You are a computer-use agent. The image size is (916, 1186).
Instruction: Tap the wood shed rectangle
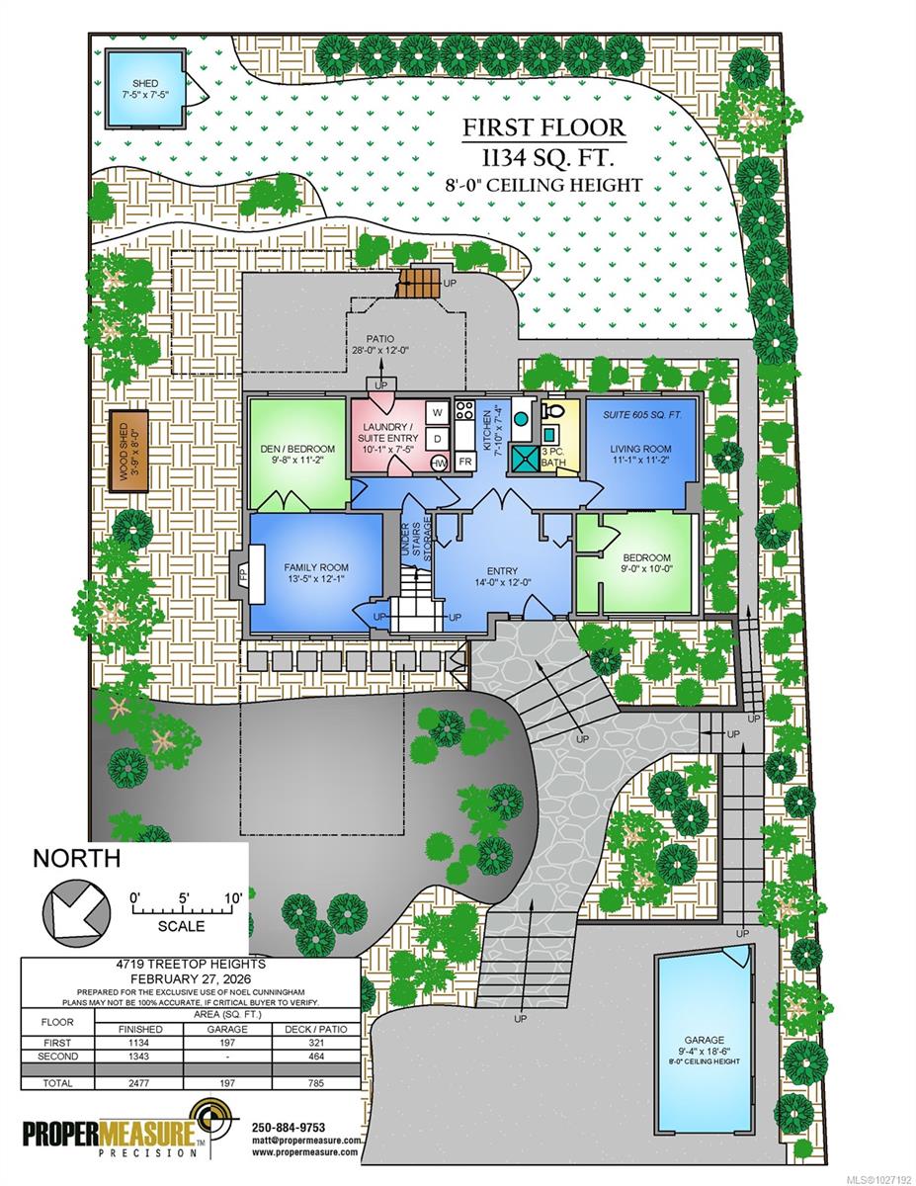point(128,451)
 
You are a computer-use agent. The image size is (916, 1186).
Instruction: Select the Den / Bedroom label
point(297,449)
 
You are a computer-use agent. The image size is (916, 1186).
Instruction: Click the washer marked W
point(437,413)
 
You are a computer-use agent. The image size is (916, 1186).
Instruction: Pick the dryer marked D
point(437,439)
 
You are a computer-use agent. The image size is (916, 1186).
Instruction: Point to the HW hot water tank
point(438,464)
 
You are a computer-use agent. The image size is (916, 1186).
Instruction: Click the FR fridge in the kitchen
point(464,462)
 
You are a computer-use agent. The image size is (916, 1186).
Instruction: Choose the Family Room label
point(316,567)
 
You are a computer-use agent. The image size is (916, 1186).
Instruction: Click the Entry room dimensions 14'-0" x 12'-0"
point(502,582)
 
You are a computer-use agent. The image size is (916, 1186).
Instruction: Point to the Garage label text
point(705,1040)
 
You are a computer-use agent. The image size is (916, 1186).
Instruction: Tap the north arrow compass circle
point(77,911)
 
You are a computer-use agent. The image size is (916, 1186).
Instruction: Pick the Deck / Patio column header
point(316,1029)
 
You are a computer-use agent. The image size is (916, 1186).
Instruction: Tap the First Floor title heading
point(543,127)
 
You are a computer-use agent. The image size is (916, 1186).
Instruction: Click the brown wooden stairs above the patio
point(418,283)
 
